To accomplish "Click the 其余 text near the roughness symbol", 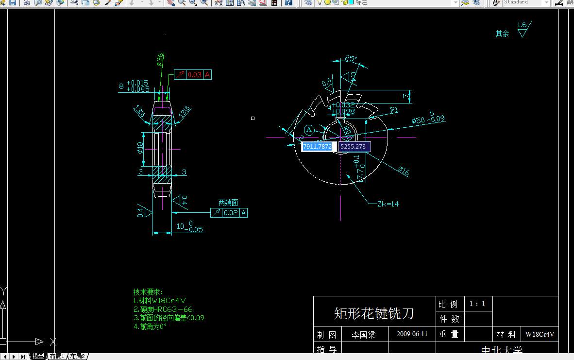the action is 502,34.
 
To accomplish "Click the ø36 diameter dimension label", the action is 160,59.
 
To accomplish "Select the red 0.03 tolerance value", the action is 195,75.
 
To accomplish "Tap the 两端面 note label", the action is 228,203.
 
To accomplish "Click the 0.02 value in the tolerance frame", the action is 231,213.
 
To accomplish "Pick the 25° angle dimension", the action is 351,59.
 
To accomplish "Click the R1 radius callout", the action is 394,110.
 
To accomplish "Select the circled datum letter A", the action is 310,129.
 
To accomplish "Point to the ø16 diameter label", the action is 404,171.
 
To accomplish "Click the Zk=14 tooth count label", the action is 388,204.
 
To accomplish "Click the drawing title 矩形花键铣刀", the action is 374,313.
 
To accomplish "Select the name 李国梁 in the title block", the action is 364,335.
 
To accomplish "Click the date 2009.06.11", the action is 412,334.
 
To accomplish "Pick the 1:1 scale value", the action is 477,304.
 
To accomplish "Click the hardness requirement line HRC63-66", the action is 163,309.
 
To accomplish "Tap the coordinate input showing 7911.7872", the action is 317,146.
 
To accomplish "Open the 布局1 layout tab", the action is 57,357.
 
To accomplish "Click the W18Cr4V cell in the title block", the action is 540,335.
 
